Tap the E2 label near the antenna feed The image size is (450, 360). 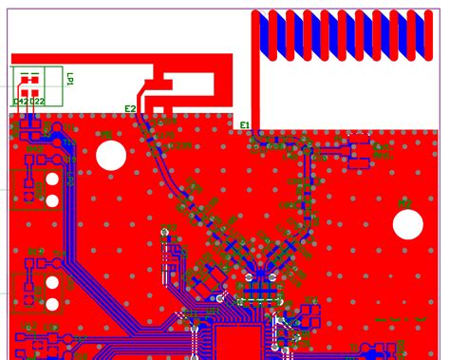pyautogui.click(x=130, y=109)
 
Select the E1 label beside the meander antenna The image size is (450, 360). pyautogui.click(x=244, y=125)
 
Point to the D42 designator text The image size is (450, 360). pyautogui.click(x=22, y=102)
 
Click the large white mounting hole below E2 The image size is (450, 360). pyautogui.click(x=112, y=155)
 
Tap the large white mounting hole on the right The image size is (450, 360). pyautogui.click(x=408, y=224)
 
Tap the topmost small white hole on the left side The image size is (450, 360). pyautogui.click(x=53, y=180)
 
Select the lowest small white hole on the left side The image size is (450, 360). pyautogui.click(x=52, y=305)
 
